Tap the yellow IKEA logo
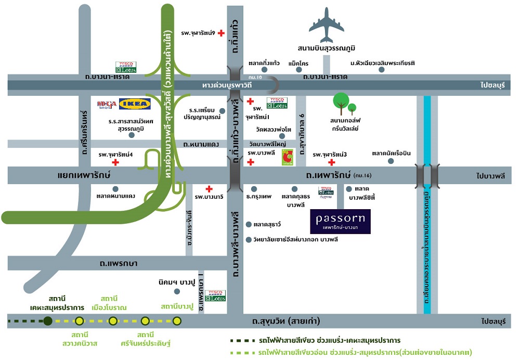[x=135, y=104]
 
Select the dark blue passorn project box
[x=340, y=221]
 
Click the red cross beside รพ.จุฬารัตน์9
[x=221, y=33]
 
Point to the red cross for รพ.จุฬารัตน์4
[x=115, y=162]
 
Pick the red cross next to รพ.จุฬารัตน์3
[x=331, y=162]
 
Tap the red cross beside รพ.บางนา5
[x=209, y=189]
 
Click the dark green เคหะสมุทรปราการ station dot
[x=48, y=321]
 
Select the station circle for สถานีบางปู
[x=177, y=321]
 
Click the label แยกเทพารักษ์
[x=84, y=175]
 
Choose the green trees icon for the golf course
[x=344, y=103]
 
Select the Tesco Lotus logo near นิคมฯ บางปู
[x=215, y=296]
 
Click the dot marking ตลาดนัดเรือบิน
[x=391, y=161]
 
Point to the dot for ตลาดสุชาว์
[x=249, y=225]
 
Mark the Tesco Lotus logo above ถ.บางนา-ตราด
[x=125, y=67]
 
